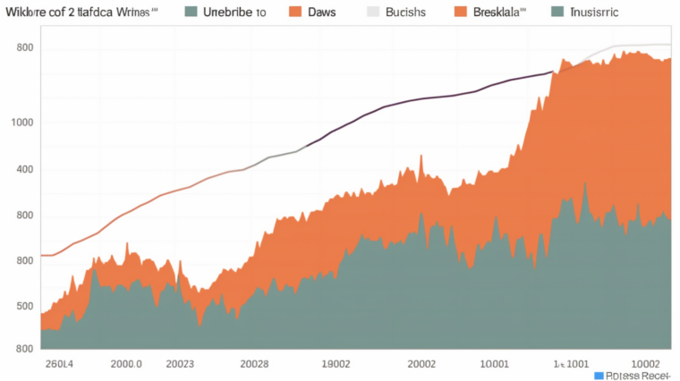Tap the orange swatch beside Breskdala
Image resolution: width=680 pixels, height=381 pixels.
pyautogui.click(x=461, y=13)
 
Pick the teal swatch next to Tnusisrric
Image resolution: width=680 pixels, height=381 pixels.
pyautogui.click(x=558, y=13)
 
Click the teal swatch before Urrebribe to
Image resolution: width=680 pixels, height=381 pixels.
pyautogui.click(x=190, y=13)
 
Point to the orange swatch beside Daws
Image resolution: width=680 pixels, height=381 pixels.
pyautogui.click(x=296, y=13)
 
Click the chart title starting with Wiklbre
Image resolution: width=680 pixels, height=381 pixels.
pyautogui.click(x=81, y=13)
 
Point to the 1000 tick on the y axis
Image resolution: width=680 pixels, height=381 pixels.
pyautogui.click(x=22, y=123)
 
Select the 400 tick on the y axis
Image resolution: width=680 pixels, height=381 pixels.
pyautogui.click(x=25, y=169)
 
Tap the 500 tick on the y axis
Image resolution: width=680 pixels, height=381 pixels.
pyautogui.click(x=25, y=306)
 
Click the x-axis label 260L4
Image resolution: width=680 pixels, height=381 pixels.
pyautogui.click(x=59, y=364)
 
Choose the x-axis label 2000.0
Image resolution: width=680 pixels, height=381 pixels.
pyautogui.click(x=126, y=364)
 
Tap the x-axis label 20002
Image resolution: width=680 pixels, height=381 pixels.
pyautogui.click(x=421, y=364)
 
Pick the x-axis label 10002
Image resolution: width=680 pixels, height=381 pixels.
pyautogui.click(x=646, y=364)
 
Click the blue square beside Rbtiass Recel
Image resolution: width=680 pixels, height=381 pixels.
pyautogui.click(x=600, y=376)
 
